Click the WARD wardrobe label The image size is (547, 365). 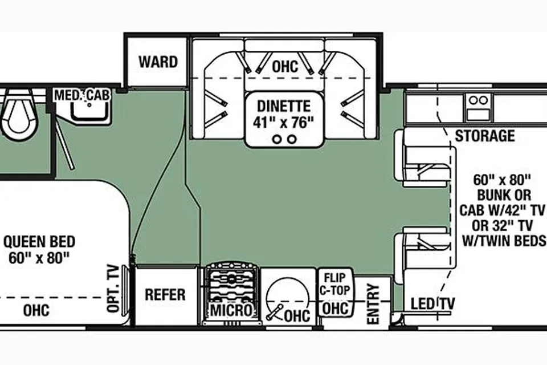[158, 62]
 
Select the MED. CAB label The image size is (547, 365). [82, 95]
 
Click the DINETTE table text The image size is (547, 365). [284, 106]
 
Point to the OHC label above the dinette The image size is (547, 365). [285, 66]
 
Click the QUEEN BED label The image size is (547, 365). [39, 242]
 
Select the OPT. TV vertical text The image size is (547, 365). [113, 288]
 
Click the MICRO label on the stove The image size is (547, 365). [231, 310]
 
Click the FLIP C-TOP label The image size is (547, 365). [334, 283]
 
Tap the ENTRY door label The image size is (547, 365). [373, 303]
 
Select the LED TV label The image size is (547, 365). [432, 303]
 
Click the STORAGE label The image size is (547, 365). [484, 136]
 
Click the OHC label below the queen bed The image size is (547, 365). [36, 310]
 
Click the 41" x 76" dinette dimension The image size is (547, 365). [284, 123]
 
